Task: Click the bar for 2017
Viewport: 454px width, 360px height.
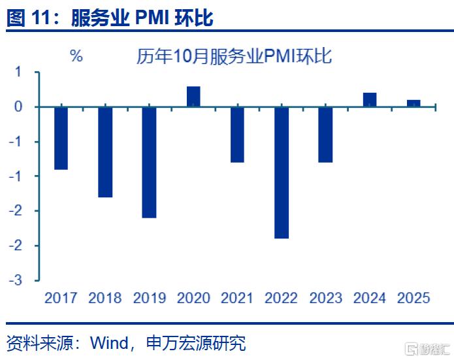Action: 61,138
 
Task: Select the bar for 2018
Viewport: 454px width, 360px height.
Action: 105,152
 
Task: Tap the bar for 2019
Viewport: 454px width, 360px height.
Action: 149,162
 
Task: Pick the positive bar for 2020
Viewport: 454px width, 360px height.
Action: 193,97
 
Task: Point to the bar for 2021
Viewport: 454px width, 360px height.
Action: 237,135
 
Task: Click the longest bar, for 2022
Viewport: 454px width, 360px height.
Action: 282,172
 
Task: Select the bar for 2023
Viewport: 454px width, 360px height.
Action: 325,135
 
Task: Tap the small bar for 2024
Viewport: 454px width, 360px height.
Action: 370,100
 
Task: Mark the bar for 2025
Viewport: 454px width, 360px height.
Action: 413,103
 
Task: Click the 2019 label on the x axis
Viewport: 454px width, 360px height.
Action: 149,298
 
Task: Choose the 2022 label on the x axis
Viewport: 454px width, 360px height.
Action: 282,298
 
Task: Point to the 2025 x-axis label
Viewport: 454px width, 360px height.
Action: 413,298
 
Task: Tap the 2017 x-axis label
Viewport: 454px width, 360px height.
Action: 61,298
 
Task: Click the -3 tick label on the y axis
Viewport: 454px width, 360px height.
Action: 18,280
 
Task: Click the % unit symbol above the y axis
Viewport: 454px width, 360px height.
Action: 76,56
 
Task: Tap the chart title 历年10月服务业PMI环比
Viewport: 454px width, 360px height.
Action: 234,56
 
